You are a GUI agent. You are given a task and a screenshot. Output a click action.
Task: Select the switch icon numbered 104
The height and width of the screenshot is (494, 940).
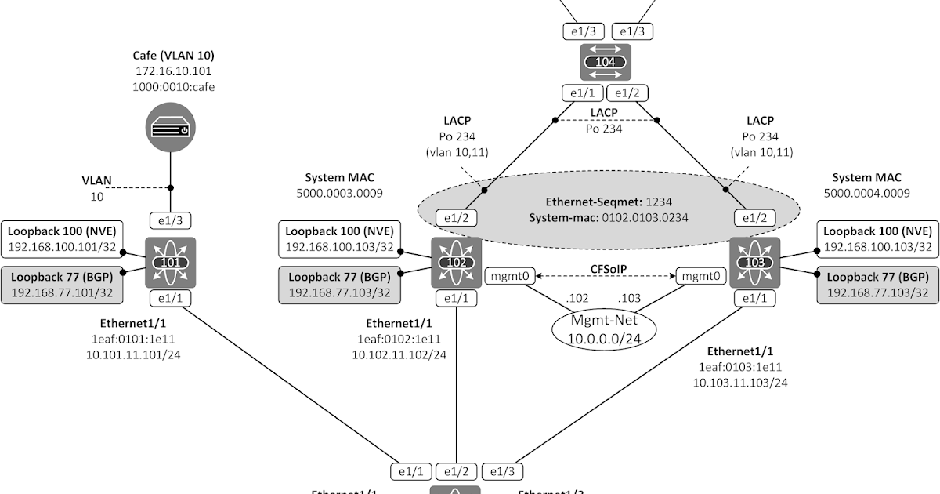(x=605, y=61)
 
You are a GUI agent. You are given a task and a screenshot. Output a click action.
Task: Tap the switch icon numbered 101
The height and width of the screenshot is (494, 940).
(x=171, y=262)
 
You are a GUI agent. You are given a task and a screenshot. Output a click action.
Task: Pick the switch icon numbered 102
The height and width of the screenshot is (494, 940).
(x=456, y=262)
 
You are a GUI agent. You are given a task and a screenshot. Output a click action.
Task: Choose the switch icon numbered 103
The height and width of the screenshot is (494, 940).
(x=754, y=262)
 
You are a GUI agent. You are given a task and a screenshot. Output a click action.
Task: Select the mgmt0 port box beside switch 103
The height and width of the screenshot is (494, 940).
(x=700, y=276)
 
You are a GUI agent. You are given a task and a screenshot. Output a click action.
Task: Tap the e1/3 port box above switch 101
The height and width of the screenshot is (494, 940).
(x=171, y=221)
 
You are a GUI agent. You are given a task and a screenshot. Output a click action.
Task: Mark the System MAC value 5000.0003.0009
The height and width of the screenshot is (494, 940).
(x=339, y=192)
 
